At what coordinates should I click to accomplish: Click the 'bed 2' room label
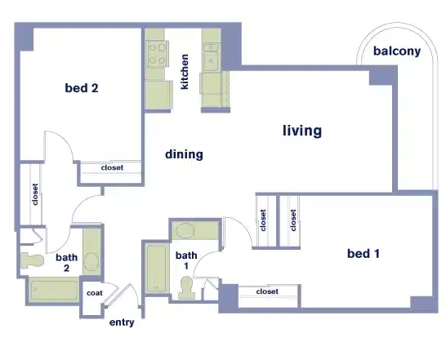click(x=82, y=88)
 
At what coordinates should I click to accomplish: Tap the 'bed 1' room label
click(x=363, y=254)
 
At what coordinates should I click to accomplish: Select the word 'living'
click(x=302, y=131)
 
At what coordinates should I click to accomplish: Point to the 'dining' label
click(x=184, y=153)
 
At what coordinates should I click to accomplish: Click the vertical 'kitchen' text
click(x=185, y=73)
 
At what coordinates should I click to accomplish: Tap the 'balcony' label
click(x=397, y=51)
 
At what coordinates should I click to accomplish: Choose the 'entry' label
click(x=122, y=322)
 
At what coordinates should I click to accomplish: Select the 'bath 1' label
click(x=186, y=260)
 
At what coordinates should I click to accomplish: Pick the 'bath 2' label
click(x=67, y=263)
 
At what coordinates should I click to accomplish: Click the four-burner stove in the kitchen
click(x=156, y=53)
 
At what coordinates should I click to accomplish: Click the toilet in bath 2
click(x=33, y=260)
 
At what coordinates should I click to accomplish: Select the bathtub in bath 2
click(x=54, y=290)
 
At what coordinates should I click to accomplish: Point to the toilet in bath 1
click(x=187, y=286)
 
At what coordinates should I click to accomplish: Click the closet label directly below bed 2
click(x=112, y=168)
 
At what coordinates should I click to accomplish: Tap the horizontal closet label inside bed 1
click(x=266, y=291)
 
